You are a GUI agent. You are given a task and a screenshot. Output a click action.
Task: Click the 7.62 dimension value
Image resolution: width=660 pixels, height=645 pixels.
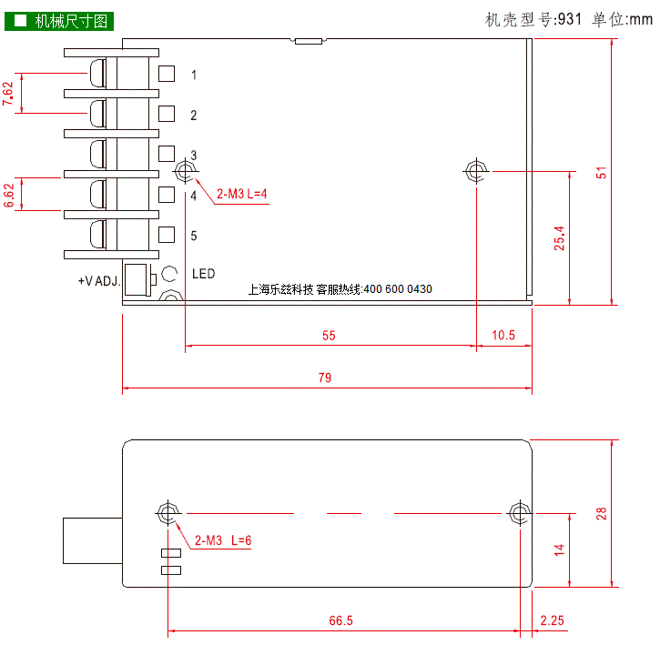pos(8,94)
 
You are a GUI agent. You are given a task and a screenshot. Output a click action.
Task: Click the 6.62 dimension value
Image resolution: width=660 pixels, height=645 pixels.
pos(9,196)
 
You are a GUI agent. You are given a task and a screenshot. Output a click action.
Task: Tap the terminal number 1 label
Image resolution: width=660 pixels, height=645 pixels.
pos(194,75)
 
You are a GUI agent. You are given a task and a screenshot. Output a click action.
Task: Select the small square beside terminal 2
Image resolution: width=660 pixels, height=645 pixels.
pos(167,114)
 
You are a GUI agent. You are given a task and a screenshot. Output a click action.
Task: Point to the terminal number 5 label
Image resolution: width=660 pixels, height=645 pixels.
pos(194,236)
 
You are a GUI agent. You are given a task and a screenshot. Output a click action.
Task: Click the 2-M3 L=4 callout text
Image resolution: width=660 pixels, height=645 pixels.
pos(241,194)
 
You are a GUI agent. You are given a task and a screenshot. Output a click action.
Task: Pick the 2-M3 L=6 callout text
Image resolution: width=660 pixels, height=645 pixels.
pos(223,540)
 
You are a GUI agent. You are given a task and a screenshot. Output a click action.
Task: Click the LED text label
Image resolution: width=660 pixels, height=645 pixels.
pos(204,274)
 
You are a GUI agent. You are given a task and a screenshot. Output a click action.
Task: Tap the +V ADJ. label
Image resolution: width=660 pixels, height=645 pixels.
pos(99,281)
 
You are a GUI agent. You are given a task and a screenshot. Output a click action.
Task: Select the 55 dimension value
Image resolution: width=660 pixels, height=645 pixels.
pos(329,336)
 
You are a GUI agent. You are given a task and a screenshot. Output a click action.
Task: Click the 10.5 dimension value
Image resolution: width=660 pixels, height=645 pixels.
pos(503,336)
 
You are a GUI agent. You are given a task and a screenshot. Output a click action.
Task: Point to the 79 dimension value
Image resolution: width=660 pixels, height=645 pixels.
pos(324,378)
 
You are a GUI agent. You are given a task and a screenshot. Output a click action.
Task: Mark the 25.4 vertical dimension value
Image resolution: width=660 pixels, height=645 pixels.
pos(559,238)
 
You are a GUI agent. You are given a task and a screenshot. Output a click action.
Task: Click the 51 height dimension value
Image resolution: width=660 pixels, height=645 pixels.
pos(602,173)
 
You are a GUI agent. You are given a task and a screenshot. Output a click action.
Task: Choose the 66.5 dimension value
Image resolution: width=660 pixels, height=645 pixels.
pos(341,620)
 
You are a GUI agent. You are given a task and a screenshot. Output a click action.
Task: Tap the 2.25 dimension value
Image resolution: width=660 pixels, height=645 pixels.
pos(553,620)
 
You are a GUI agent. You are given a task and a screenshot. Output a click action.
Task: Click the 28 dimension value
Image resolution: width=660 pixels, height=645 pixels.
pos(602,513)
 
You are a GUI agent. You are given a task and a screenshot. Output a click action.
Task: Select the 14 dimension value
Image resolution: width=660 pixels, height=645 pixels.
pos(559,549)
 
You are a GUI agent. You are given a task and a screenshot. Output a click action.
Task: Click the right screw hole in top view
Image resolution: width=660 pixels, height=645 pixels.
pos(476,171)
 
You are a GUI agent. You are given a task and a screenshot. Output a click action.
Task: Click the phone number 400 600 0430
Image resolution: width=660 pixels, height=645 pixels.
pos(398,289)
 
